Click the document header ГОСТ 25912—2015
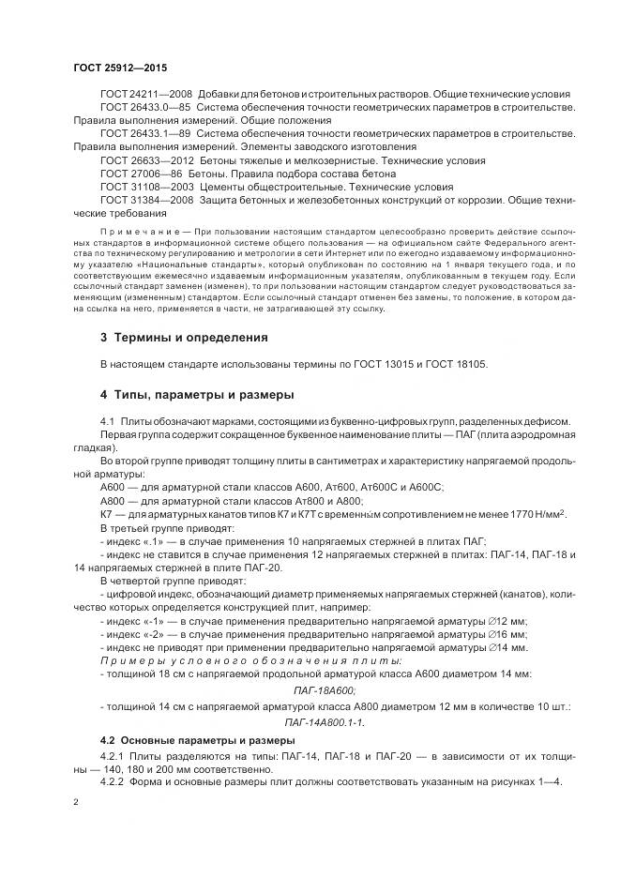click(119, 68)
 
